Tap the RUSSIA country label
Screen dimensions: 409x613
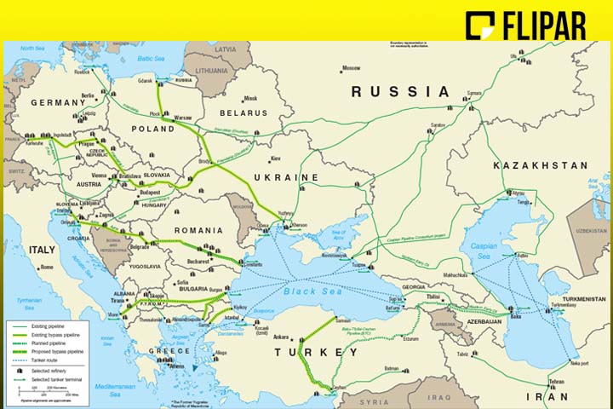click(399, 91)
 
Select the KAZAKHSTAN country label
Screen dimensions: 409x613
click(541, 164)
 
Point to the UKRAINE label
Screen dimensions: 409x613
click(286, 177)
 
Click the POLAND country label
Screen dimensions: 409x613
click(152, 129)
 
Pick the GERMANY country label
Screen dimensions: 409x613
click(59, 102)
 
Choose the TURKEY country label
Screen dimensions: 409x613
click(316, 353)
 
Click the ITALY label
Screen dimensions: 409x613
click(43, 249)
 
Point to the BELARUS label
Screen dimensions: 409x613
click(243, 112)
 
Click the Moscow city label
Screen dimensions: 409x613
click(351, 68)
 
